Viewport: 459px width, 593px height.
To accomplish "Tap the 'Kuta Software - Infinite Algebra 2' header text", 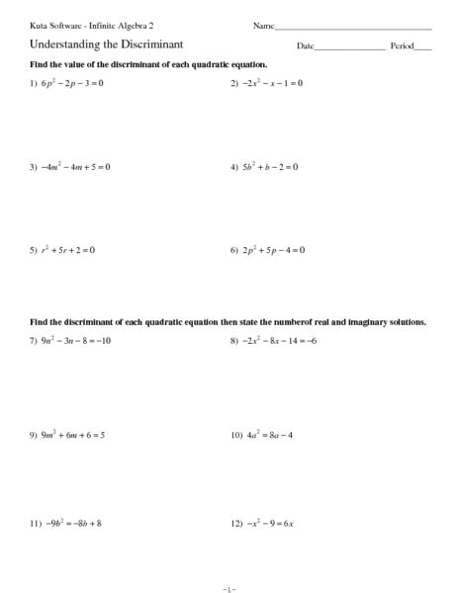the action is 92,24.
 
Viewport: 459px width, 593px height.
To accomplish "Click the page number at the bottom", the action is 229,588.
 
